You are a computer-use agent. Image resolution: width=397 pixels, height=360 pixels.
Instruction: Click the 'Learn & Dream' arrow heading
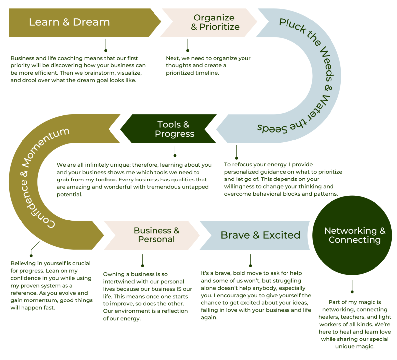(x=69, y=22)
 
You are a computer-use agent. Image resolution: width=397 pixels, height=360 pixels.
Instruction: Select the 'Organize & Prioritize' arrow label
(x=215, y=22)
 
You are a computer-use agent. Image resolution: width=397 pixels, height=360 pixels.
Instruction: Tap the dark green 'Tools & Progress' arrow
(x=174, y=129)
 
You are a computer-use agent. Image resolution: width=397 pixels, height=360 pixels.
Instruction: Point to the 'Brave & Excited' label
(x=260, y=235)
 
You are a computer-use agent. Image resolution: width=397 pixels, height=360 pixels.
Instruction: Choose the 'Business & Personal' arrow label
(x=156, y=235)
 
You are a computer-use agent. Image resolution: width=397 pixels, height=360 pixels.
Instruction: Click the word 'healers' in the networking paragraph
(x=328, y=317)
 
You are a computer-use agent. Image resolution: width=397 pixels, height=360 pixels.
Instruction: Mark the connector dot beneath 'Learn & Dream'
(x=106, y=50)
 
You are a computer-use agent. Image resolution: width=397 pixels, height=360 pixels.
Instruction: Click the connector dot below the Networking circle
(x=352, y=292)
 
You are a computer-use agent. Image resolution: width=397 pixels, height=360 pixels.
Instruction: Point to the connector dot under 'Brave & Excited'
(x=250, y=265)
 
